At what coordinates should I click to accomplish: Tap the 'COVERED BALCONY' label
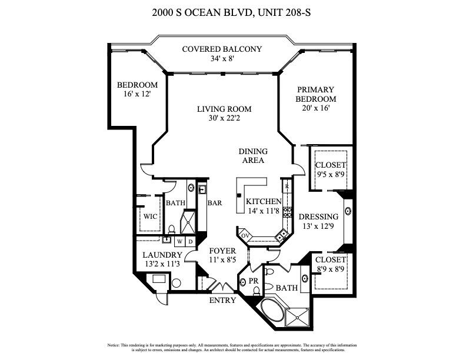(222, 49)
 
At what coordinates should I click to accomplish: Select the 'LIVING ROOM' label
(224, 109)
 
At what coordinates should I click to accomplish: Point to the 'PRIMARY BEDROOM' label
(315, 94)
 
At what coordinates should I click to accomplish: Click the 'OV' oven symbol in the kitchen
(245, 235)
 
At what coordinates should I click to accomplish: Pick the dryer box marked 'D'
(191, 241)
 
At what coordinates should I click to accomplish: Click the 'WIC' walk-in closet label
(150, 216)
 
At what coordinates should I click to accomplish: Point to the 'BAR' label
(214, 203)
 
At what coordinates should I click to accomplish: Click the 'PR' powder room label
(254, 281)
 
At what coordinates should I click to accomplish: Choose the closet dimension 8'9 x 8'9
(330, 269)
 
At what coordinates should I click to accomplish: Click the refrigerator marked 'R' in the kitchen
(287, 188)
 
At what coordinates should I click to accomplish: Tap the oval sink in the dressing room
(348, 209)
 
